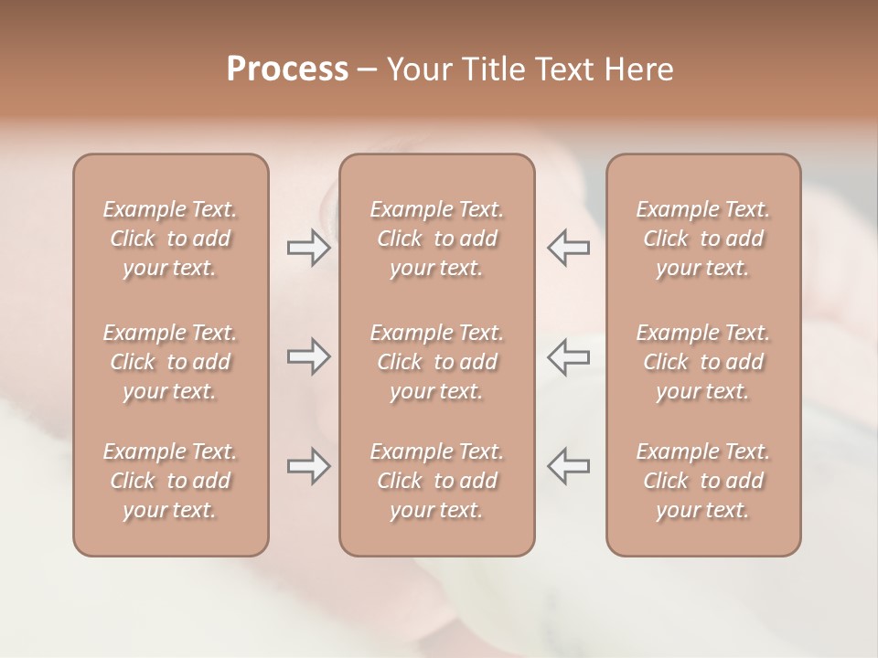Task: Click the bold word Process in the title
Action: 287,69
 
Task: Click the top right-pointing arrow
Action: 308,248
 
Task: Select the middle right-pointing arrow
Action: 308,356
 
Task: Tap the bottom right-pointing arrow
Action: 308,466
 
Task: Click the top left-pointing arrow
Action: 568,248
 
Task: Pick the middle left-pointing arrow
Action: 568,356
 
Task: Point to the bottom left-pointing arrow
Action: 568,466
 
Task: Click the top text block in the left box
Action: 170,239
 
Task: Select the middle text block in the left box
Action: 170,362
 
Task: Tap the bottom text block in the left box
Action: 170,481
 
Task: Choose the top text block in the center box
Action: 436,239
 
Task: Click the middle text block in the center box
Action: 436,362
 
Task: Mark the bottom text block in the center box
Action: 436,481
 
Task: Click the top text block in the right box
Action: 702,239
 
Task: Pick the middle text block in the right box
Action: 702,362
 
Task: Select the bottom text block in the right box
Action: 702,481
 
